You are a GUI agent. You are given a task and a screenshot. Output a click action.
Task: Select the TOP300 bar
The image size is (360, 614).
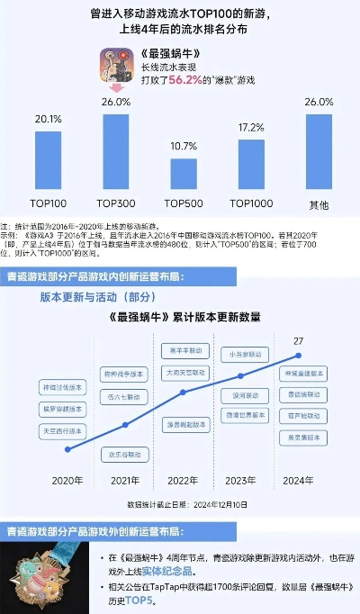pyautogui.click(x=115, y=152)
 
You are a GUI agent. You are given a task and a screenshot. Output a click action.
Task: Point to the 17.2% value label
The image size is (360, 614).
pyautogui.click(x=251, y=129)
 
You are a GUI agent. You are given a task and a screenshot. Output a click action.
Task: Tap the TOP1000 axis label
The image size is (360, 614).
pyautogui.click(x=251, y=203)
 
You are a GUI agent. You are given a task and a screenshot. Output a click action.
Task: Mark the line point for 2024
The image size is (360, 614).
pyautogui.click(x=298, y=356)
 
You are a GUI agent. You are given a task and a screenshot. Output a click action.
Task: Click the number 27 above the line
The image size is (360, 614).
pyautogui.click(x=298, y=340)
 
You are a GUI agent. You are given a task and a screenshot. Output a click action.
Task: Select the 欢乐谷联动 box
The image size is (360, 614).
pyautogui.click(x=122, y=453)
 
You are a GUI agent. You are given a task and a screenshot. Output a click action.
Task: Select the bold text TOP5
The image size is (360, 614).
pyautogui.click(x=166, y=598)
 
